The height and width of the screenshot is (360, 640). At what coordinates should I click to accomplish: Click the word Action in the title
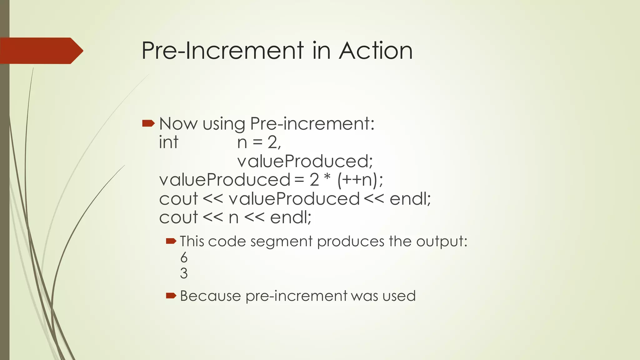(x=376, y=51)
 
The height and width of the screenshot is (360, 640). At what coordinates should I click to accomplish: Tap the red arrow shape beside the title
(x=41, y=51)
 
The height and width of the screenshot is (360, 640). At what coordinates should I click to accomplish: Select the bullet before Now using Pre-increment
(x=148, y=123)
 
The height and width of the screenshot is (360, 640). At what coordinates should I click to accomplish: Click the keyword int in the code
(x=168, y=142)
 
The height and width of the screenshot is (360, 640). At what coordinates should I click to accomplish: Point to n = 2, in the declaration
(x=259, y=142)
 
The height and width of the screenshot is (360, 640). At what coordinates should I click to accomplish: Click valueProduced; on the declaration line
(x=305, y=161)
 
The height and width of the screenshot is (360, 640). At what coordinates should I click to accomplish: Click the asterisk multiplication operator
(x=327, y=178)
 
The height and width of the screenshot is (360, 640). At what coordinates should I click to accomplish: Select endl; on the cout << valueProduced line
(x=410, y=199)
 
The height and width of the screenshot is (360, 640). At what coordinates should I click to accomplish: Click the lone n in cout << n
(x=233, y=218)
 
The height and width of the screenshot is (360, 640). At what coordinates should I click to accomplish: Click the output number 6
(x=184, y=257)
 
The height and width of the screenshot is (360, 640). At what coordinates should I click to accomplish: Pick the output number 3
(x=184, y=273)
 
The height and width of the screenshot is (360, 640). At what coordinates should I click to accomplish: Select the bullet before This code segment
(x=171, y=241)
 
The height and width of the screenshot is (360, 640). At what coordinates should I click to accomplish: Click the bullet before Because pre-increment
(x=171, y=295)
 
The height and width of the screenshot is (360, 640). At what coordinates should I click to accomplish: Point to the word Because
(x=210, y=296)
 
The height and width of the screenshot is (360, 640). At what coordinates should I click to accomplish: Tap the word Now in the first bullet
(x=178, y=124)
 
